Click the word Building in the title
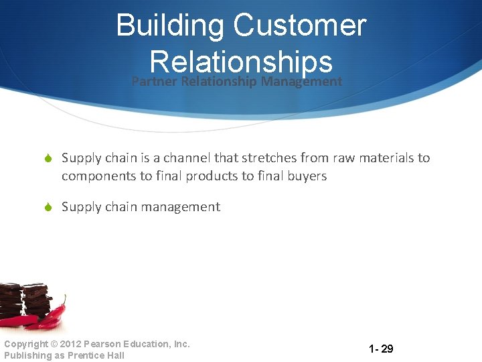170,25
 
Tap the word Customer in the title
299,25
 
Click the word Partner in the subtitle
153,82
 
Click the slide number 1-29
381,349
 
